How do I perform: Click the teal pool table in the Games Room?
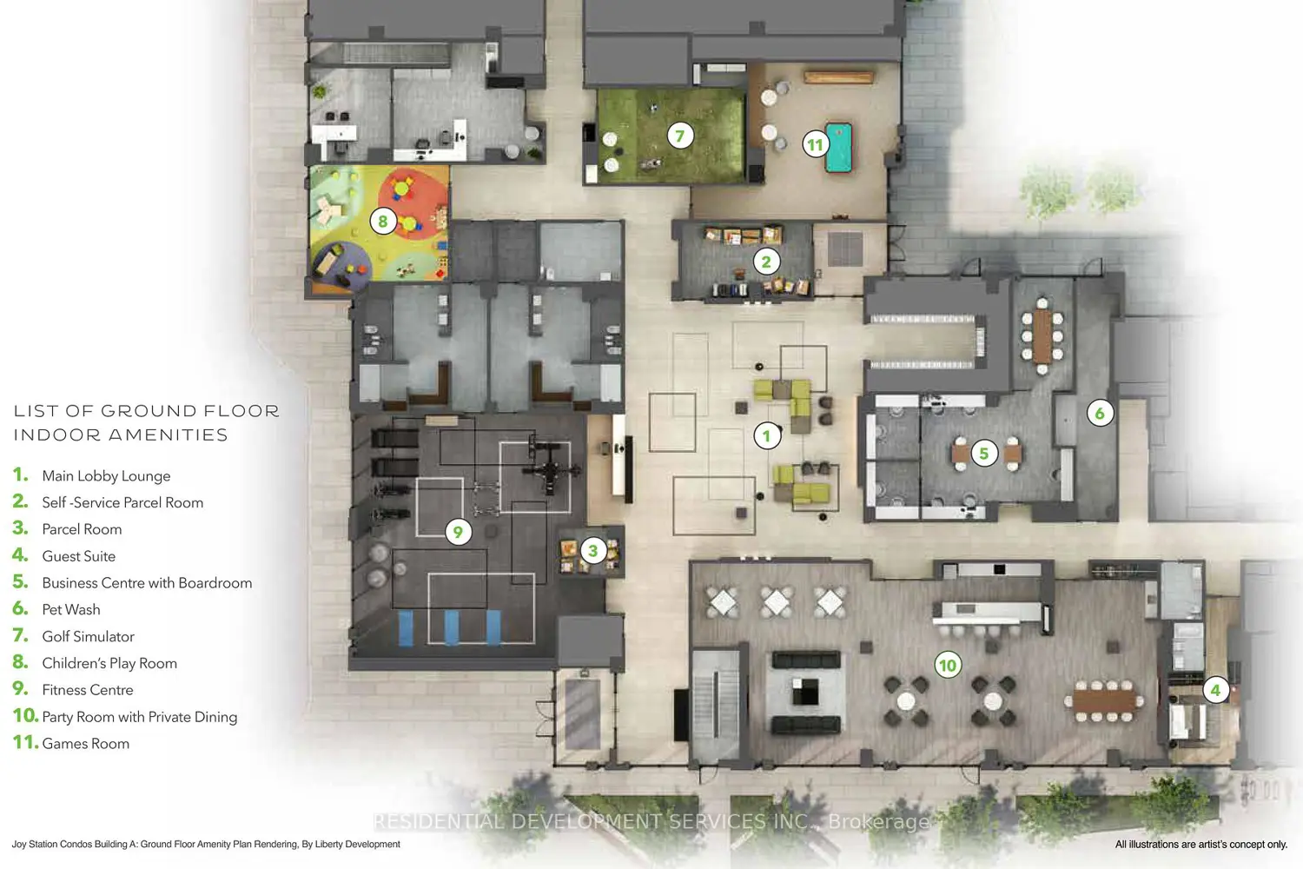(x=839, y=147)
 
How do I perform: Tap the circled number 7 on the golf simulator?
(x=679, y=136)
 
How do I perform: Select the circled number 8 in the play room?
(x=383, y=222)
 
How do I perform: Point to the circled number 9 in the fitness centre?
(x=458, y=532)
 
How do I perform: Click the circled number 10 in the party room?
(x=948, y=666)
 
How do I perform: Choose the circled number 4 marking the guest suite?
(x=1215, y=690)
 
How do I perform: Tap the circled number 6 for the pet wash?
(x=1100, y=414)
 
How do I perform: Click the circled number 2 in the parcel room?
(x=766, y=262)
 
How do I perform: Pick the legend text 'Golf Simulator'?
(x=88, y=637)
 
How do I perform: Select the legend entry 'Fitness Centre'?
(x=87, y=690)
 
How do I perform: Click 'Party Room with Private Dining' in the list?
(x=140, y=717)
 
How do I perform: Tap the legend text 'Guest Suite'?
(x=78, y=556)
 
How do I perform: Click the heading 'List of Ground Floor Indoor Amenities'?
(x=147, y=423)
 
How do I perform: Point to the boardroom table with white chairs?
(x=1042, y=336)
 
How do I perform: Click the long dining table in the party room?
(x=1104, y=701)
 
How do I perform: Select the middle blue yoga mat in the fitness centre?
(x=451, y=627)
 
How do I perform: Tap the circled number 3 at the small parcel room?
(x=592, y=551)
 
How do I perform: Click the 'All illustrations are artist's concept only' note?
(x=1200, y=845)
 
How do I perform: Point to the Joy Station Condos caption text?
(x=206, y=845)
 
